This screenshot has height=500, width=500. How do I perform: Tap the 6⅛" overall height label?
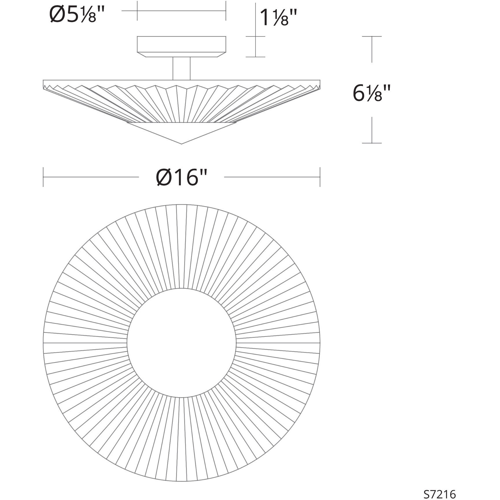[372, 93]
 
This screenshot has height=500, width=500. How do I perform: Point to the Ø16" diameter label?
[182, 177]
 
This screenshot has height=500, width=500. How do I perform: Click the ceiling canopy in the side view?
[181, 46]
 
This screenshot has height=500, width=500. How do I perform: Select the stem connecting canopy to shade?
[181, 68]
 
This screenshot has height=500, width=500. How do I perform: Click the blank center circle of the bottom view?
[181, 343]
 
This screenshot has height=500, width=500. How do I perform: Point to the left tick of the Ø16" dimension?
[43, 177]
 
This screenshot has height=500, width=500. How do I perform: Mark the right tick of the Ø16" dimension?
[320, 177]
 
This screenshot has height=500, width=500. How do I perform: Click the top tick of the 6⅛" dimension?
[372, 36]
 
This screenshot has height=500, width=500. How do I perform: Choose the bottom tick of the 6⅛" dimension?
[372, 143]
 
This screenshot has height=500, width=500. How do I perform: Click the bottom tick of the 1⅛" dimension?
[255, 57]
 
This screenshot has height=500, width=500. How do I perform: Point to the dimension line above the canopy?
[181, 11]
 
